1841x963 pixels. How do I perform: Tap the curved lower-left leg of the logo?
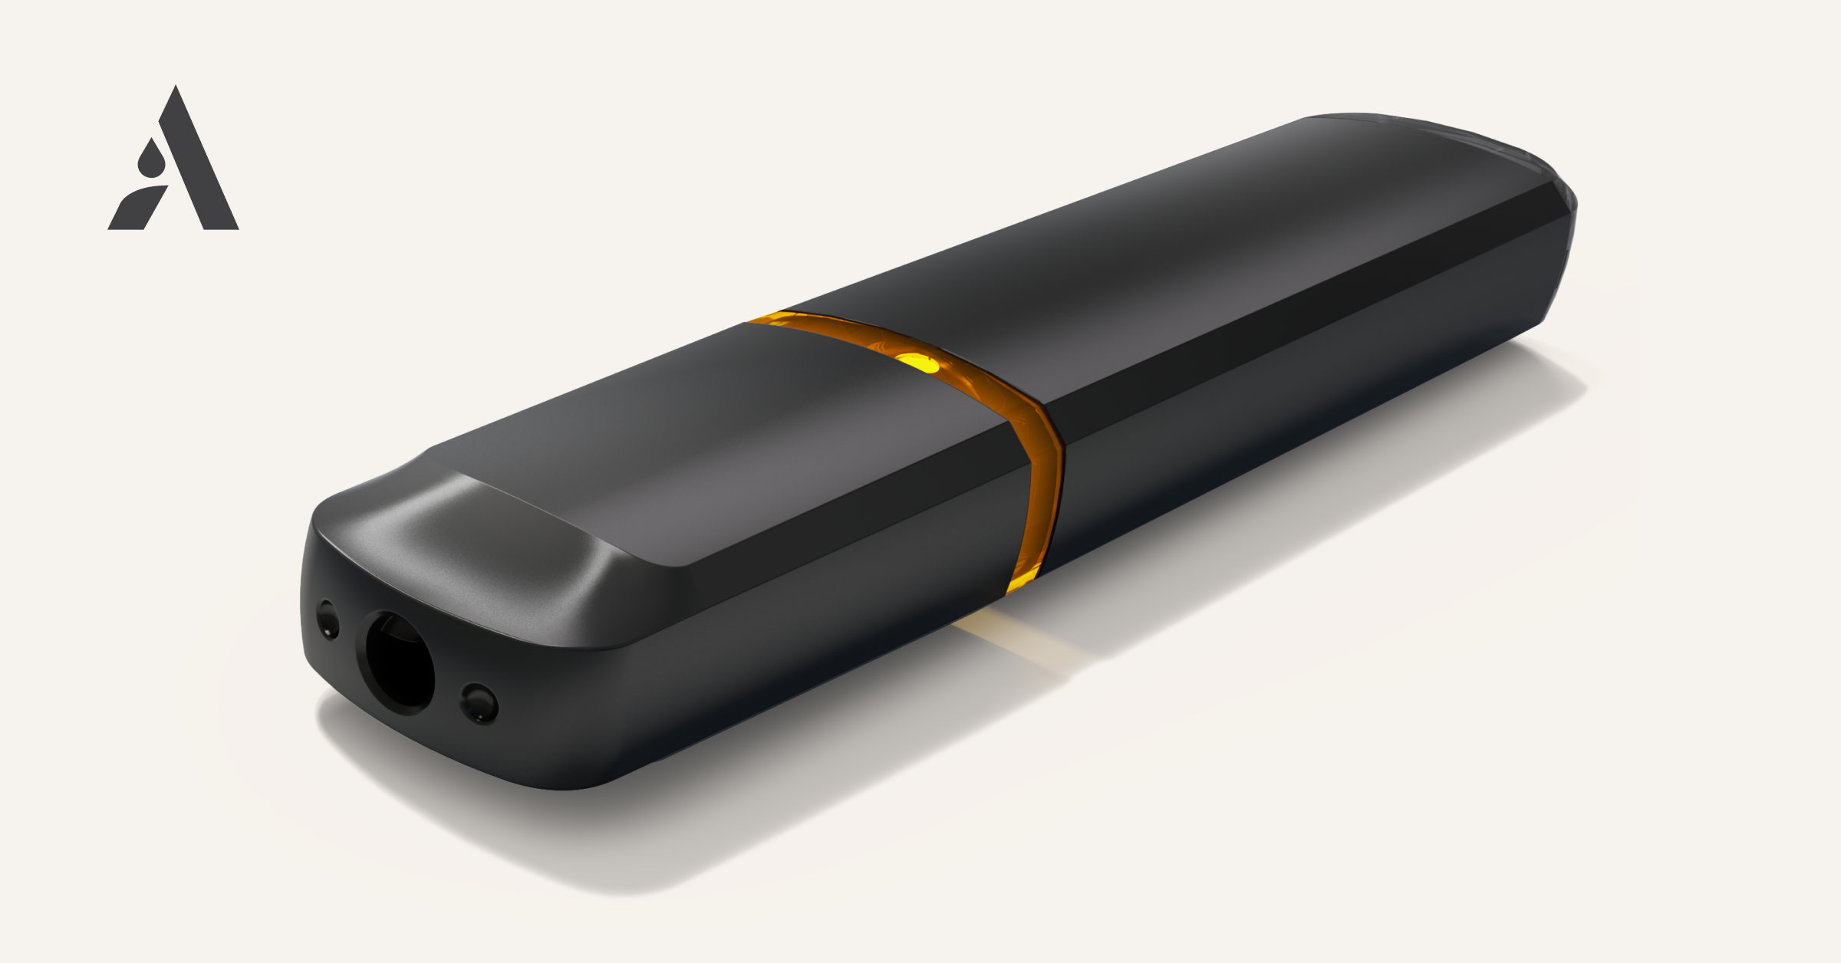pyautogui.click(x=139, y=206)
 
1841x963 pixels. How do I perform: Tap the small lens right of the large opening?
pyautogui.click(x=479, y=702)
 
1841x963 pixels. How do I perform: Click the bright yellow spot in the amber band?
pyautogui.click(x=917, y=361)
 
